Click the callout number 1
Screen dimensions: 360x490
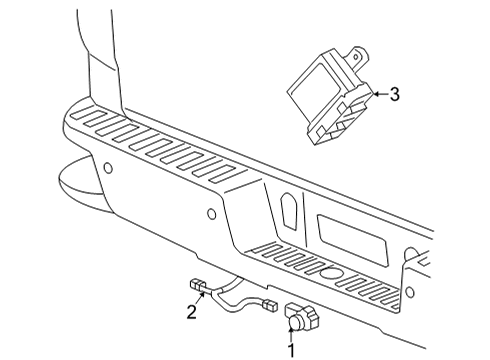pos(292,350)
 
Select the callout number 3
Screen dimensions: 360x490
pos(394,94)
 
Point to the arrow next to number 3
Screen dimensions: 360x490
pos(377,93)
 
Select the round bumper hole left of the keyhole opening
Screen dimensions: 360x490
pos(210,213)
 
